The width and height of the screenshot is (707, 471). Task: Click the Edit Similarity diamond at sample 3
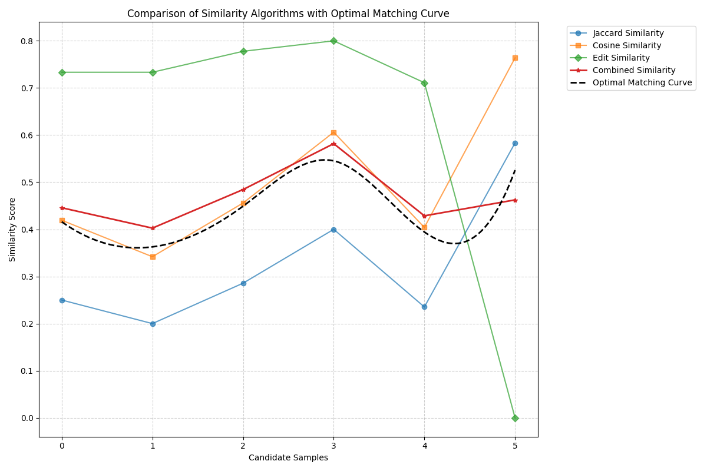tap(333, 41)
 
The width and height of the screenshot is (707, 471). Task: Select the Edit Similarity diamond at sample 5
tap(515, 418)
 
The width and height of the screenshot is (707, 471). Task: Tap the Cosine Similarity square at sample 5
tap(515, 58)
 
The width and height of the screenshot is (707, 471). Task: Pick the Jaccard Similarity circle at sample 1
tap(153, 324)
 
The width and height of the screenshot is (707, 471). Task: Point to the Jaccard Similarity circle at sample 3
tap(333, 230)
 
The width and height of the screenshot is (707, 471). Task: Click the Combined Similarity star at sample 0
tap(62, 208)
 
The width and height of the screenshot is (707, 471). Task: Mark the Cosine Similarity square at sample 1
tap(153, 257)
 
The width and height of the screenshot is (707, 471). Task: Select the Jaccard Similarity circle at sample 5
tap(515, 143)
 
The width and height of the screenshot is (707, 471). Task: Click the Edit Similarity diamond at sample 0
tap(62, 72)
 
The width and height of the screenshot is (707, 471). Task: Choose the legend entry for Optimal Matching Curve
tap(642, 82)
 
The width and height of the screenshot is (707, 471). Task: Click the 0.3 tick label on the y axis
tap(27, 277)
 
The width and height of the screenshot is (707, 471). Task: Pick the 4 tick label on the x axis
tap(424, 446)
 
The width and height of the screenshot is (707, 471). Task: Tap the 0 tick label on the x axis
tap(62, 446)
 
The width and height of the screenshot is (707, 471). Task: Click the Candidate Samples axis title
tap(288, 458)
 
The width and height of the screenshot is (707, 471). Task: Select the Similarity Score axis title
tap(12, 230)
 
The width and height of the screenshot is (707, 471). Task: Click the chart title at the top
tap(288, 14)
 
